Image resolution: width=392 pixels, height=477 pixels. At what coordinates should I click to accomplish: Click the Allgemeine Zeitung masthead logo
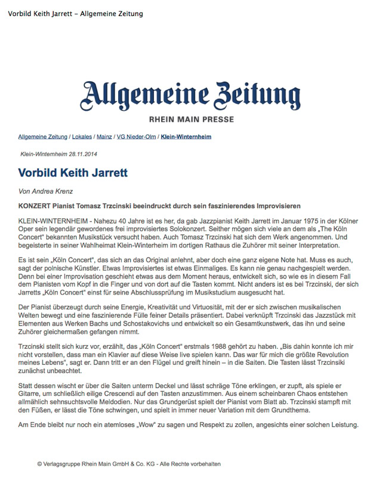point(192,94)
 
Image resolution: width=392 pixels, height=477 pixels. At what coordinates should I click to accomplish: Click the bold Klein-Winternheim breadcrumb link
point(186,137)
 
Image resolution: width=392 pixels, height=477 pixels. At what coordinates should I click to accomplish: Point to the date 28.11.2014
point(84,154)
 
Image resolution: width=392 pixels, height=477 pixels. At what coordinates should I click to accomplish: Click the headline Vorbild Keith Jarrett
point(73,174)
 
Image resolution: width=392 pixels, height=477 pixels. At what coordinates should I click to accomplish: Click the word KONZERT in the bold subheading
point(36,205)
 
